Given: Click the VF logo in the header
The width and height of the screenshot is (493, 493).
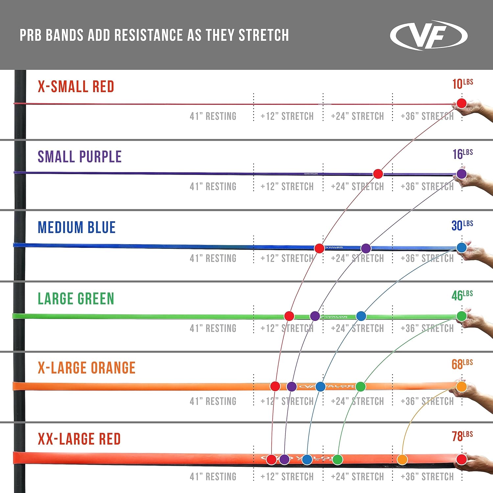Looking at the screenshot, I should click(x=429, y=35).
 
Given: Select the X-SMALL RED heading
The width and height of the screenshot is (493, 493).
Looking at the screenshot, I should click(x=76, y=87).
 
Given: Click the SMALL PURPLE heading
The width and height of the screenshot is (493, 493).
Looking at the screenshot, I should click(x=80, y=157).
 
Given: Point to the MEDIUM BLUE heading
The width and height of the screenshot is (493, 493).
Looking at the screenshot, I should click(x=77, y=227).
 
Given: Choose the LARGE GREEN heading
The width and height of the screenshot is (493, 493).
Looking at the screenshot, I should click(x=76, y=299).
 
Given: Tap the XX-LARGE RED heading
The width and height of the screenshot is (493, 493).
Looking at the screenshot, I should click(x=79, y=439).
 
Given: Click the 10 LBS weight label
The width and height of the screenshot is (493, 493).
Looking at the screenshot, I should click(x=462, y=84).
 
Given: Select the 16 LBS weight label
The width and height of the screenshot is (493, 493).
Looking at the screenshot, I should click(x=462, y=154).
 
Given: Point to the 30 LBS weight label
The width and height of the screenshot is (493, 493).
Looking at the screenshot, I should click(x=462, y=225).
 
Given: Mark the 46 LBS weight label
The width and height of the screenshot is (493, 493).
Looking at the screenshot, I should click(x=462, y=295).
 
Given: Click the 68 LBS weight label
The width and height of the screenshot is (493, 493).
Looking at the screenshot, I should click(x=462, y=364).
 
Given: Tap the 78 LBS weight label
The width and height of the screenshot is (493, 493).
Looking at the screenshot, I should click(x=462, y=436).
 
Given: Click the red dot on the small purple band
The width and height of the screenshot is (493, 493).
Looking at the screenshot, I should click(x=378, y=174).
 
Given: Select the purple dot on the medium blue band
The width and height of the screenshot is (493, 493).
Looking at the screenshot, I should click(x=366, y=248).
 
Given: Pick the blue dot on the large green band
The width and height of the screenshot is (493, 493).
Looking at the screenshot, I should click(x=361, y=316).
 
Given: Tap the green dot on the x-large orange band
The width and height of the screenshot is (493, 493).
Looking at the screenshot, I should click(x=361, y=387).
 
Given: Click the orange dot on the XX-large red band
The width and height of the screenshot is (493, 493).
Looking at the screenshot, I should click(x=402, y=459).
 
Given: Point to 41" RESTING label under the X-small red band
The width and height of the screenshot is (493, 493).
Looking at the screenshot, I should click(x=213, y=116).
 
